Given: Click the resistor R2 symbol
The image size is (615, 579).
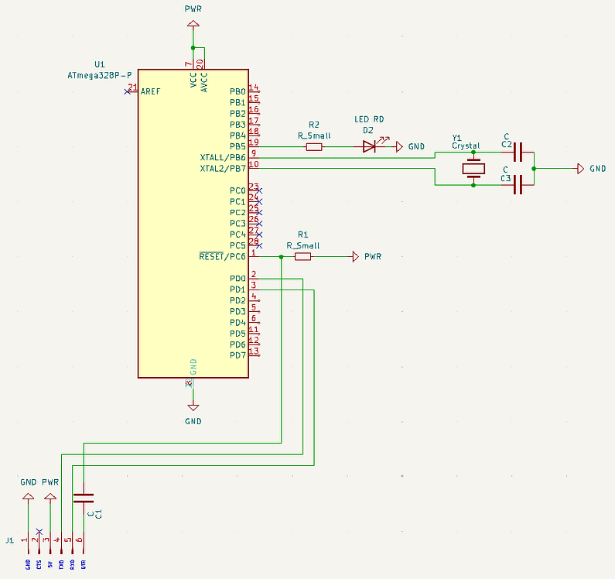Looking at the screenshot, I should point(314,146).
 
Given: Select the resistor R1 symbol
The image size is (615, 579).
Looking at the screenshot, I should point(303,256).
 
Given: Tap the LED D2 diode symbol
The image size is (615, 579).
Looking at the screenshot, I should point(369,146).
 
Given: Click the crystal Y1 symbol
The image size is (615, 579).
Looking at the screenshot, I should point(473,169).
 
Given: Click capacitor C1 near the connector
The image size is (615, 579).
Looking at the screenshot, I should point(83,497).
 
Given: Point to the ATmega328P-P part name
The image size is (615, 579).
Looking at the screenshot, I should point(99,75).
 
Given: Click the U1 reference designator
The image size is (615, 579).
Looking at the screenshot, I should point(99,64).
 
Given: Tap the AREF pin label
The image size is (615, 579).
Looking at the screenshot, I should point(151,91).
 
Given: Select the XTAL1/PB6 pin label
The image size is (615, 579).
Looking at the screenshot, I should point(223,157).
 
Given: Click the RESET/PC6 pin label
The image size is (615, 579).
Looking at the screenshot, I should point(223,256).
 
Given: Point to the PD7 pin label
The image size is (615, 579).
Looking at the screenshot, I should point(237,355).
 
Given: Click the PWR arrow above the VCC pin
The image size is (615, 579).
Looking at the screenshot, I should point(193,26).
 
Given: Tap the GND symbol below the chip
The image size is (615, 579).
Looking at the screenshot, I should point(193,406).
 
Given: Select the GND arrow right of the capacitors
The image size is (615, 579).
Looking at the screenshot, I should point(580,169).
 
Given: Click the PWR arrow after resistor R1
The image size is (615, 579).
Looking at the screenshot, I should point(355,256).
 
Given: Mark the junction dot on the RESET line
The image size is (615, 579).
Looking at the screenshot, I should point(282,256).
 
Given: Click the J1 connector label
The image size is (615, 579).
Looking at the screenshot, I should point(9,540).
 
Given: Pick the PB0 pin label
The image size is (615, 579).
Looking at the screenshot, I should point(237,91).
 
